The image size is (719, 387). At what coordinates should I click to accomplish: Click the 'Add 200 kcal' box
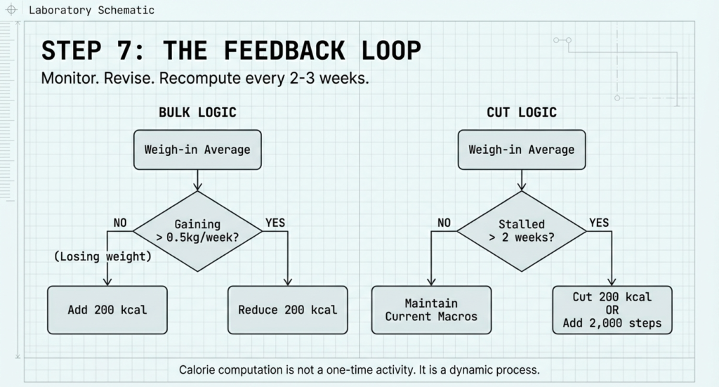pyautogui.click(x=107, y=310)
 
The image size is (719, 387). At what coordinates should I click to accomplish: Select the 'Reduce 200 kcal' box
pyautogui.click(x=287, y=310)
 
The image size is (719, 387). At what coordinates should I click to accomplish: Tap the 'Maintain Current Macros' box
pyautogui.click(x=431, y=310)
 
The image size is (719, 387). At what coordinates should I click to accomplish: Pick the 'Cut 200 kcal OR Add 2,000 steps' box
pyautogui.click(x=612, y=310)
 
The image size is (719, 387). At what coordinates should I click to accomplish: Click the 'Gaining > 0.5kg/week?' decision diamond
pyautogui.click(x=197, y=230)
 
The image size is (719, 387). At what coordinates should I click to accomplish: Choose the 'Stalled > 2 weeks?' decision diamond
pyautogui.click(x=521, y=230)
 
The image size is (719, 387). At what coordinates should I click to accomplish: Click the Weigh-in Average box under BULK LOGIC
pyautogui.click(x=197, y=150)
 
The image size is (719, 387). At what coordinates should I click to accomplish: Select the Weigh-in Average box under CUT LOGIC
pyautogui.click(x=521, y=150)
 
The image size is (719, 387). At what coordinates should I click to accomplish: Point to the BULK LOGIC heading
pyautogui.click(x=197, y=112)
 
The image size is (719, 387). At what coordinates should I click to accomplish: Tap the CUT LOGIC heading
pyautogui.click(x=521, y=112)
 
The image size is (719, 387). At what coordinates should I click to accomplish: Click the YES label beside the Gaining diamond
pyautogui.click(x=275, y=223)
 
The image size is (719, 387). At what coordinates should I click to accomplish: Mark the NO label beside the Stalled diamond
pyautogui.click(x=444, y=223)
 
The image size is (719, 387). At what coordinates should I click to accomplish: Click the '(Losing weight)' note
pyautogui.click(x=103, y=257)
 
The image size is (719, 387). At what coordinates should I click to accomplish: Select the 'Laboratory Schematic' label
pyautogui.click(x=91, y=11)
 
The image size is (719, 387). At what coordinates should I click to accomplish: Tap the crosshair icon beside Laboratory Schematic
pyautogui.click(x=11, y=11)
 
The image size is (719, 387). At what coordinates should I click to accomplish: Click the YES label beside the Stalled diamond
pyautogui.click(x=599, y=223)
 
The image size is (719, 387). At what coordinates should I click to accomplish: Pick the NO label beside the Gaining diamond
pyautogui.click(x=121, y=223)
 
